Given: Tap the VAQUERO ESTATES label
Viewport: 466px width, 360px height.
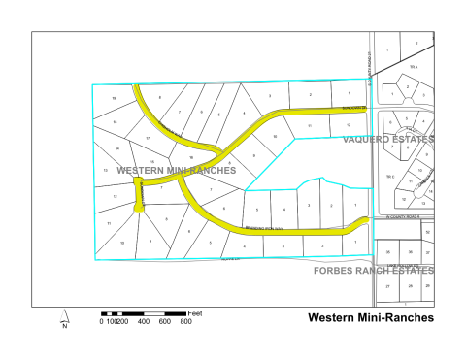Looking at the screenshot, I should [388, 140].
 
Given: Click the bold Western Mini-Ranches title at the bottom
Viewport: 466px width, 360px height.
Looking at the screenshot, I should [370, 317].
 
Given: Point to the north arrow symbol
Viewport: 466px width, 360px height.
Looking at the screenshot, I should [63, 317].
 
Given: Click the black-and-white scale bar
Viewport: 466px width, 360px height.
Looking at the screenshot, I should [145, 313].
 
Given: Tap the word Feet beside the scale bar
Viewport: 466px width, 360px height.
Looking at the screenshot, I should [195, 313].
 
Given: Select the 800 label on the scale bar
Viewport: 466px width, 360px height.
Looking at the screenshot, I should [185, 322].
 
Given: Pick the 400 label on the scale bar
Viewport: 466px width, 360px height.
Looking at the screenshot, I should [144, 322].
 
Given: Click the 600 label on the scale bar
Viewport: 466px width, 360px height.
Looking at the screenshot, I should [165, 322].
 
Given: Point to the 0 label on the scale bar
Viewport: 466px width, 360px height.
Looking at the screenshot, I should [101, 322].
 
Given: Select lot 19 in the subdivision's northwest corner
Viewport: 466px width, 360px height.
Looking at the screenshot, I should [115, 99].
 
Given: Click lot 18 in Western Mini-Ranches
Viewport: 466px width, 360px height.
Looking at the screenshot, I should [116, 122].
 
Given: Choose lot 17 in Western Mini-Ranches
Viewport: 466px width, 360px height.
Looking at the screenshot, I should [147, 139].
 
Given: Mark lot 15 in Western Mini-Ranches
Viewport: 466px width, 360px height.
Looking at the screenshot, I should [152, 160].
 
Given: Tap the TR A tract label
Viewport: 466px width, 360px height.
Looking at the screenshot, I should [413, 66].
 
